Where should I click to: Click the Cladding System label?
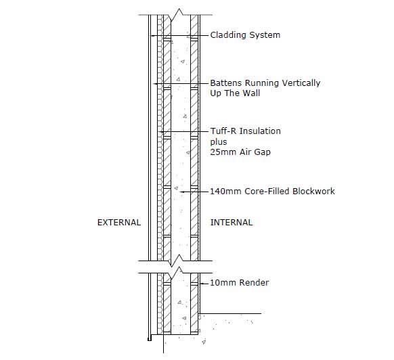(245, 35)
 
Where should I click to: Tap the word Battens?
(227, 83)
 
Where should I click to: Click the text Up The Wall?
(235, 93)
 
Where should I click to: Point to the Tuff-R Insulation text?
(246, 131)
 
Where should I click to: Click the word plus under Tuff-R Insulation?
(219, 142)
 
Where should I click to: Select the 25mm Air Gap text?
(240, 152)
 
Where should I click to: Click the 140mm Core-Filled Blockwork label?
(272, 192)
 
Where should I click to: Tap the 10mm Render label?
(240, 283)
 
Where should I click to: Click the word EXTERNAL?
(119, 223)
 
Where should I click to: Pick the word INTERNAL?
(232, 223)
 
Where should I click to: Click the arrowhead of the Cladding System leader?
(152, 36)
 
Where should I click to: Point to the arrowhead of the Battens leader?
(156, 83)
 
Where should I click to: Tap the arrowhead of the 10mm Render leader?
(202, 284)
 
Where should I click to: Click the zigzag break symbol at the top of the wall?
(176, 15)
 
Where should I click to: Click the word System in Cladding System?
(265, 35)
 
